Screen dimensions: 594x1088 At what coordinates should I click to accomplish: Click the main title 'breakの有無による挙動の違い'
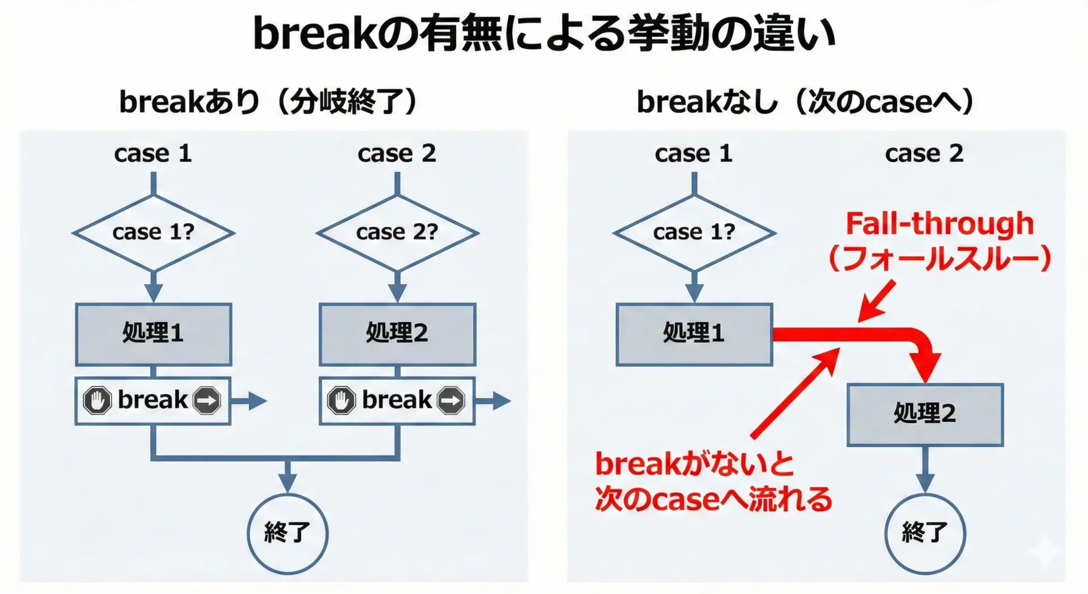[x=544, y=34]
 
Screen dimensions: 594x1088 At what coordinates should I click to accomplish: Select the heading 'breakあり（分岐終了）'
[x=268, y=102]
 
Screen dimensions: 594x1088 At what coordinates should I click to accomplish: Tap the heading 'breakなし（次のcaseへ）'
[x=805, y=102]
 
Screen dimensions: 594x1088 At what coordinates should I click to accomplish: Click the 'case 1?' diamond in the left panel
[x=154, y=233]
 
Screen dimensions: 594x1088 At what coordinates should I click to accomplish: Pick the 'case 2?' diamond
[x=397, y=233]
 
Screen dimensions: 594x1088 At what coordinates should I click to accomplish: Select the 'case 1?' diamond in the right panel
[x=694, y=233]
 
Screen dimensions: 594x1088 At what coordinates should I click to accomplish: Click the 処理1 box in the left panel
[x=154, y=334]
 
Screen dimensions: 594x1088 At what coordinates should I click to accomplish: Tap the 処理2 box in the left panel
[x=397, y=334]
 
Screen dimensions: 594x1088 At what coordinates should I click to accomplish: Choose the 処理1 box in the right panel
[x=694, y=334]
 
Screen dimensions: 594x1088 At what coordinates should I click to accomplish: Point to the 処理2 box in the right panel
[x=925, y=414]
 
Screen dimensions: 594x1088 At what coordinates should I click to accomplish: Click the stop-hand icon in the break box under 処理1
[x=97, y=401]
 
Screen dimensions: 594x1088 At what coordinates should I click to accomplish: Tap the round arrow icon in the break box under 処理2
[x=451, y=401]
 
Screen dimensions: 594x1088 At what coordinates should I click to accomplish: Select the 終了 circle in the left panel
[x=287, y=533]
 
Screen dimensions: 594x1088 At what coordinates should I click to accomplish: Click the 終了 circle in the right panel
[x=925, y=533]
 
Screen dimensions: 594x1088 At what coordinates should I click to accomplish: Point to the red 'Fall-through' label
[x=940, y=224]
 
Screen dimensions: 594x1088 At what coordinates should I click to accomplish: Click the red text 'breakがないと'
[x=694, y=464]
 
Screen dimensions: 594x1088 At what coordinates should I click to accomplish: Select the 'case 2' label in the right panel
[x=924, y=153]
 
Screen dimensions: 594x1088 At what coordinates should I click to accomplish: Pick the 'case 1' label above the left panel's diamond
[x=153, y=153]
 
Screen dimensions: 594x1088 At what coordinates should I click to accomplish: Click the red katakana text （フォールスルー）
[x=940, y=258]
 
